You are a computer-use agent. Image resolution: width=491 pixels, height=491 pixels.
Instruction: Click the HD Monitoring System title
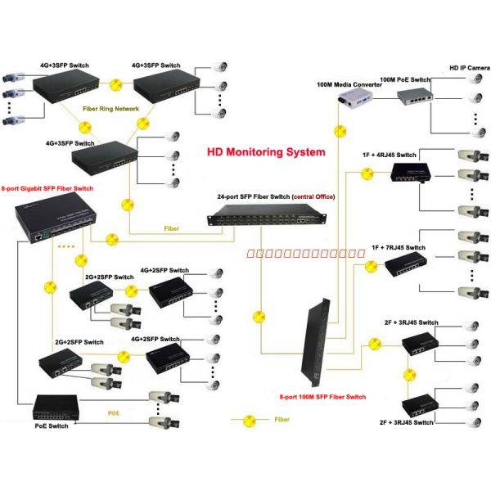(x=265, y=152)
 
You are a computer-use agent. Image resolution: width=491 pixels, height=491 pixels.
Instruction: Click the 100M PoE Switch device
(x=415, y=98)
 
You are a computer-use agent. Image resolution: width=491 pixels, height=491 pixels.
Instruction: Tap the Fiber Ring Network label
(x=111, y=109)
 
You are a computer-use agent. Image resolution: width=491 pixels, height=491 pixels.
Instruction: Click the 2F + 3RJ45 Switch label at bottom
(x=406, y=423)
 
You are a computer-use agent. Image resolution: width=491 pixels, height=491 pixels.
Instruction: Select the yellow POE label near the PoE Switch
(x=115, y=413)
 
